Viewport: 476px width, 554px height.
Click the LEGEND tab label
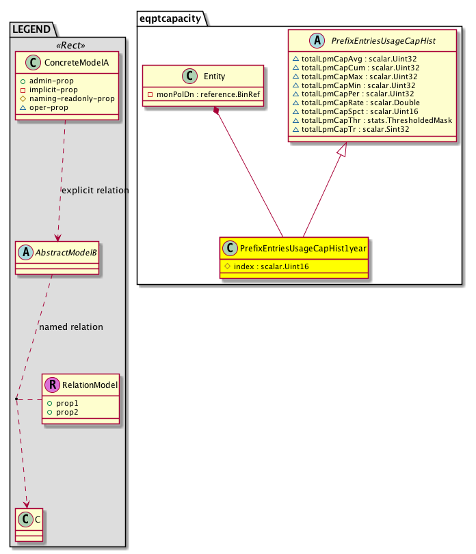coord(32,29)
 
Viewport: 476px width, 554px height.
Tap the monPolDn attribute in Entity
coord(204,94)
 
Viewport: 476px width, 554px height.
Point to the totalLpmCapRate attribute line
coord(355,102)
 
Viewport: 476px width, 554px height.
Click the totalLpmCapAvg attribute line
coord(355,58)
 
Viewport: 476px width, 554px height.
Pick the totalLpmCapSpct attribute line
coord(356,111)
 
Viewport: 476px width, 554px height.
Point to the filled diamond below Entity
coord(217,111)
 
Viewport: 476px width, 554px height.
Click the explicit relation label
coord(94,191)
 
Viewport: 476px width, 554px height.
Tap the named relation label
coord(71,327)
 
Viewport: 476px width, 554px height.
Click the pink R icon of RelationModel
coord(52,386)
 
